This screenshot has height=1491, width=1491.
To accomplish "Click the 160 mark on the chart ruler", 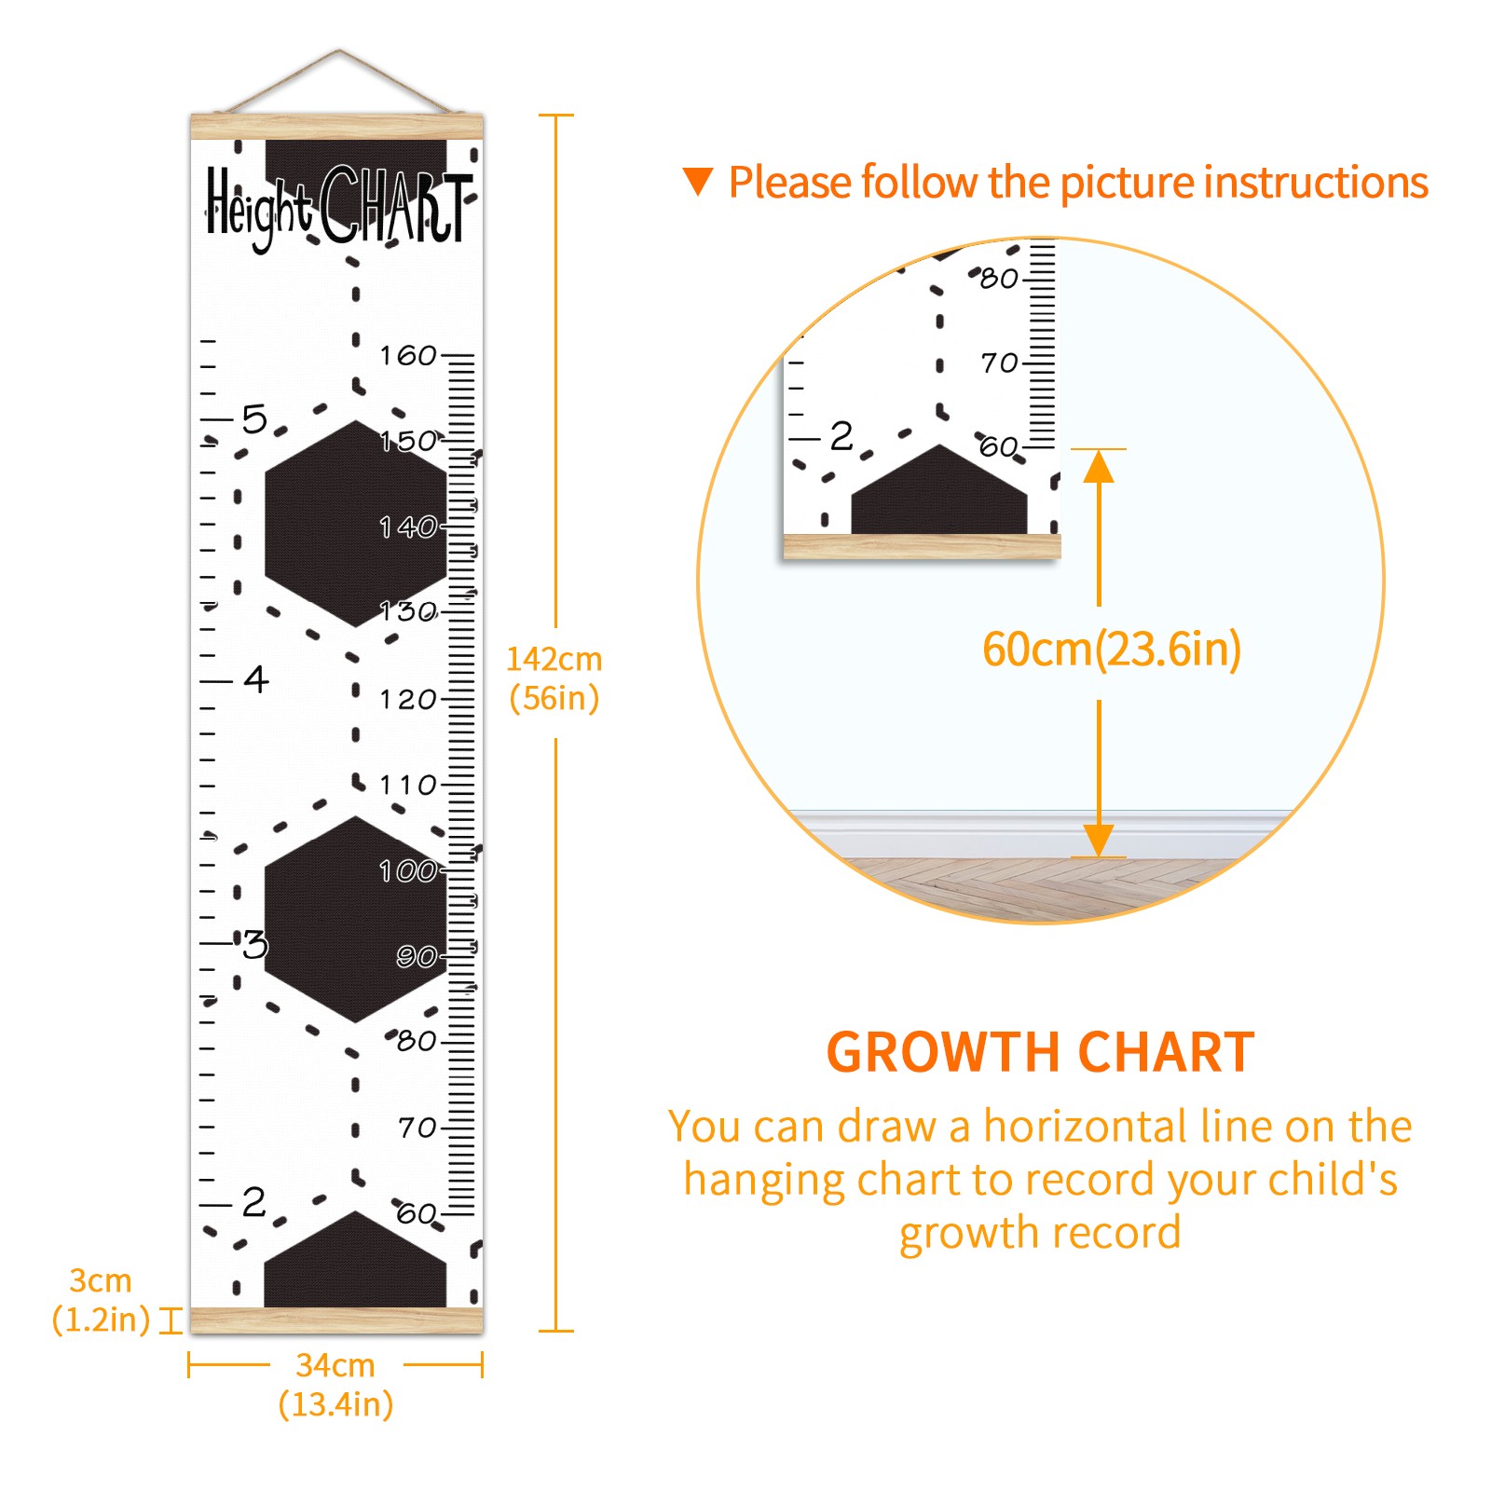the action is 407,355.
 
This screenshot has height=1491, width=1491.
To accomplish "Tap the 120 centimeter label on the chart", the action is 407,699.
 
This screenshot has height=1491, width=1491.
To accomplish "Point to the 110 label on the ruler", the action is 407,785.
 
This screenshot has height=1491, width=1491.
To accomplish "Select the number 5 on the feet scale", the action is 254,418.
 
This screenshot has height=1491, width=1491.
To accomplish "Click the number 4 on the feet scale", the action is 256,678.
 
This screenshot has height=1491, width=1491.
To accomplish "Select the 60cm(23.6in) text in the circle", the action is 1112,649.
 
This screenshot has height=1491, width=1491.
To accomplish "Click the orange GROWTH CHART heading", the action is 1041,1052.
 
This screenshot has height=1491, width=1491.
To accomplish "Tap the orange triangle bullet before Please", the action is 697,182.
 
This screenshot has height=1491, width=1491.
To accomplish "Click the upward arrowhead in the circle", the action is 1099,466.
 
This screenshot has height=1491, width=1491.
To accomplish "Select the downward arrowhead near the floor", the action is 1099,840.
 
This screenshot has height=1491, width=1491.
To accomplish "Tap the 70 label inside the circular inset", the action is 1000,362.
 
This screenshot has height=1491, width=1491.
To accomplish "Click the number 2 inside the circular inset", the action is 841,435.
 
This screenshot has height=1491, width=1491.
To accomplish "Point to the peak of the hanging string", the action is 339,51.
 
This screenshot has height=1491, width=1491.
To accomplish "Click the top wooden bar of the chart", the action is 337,127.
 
